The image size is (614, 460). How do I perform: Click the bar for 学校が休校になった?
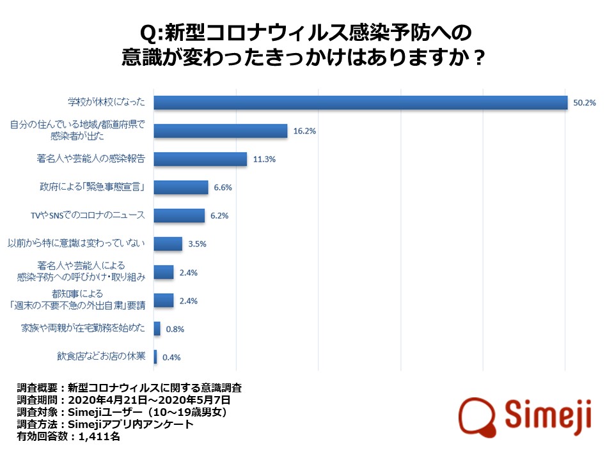tap(361, 102)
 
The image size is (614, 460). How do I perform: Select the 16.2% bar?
tap(221, 131)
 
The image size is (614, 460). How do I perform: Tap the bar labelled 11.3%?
tap(201, 159)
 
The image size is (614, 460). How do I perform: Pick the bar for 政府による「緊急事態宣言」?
tap(182, 187)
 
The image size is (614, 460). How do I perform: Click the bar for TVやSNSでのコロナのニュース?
tap(180, 215)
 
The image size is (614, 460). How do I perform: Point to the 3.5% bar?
tap(168, 243)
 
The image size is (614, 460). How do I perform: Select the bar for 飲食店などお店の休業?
tap(155, 356)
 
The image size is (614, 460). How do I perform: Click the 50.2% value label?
tap(584, 102)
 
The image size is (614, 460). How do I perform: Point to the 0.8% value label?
tap(175, 329)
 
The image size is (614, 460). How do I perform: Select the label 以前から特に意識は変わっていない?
tap(77, 243)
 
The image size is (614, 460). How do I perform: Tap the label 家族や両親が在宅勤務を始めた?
tap(83, 328)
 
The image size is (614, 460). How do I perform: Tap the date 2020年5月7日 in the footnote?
tap(153, 401)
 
